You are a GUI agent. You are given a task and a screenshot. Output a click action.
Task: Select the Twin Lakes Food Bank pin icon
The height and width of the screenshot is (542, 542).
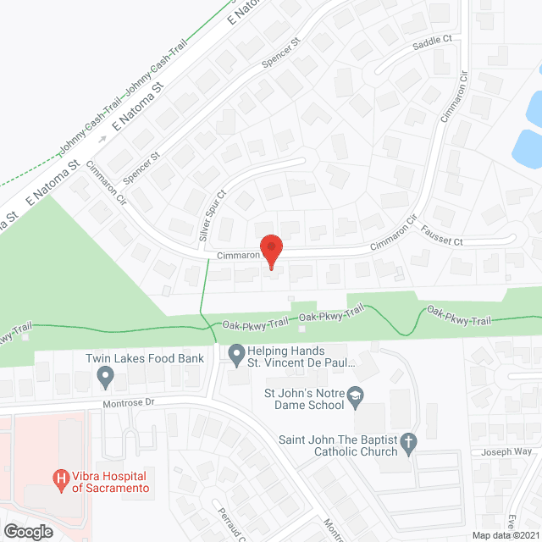[105, 374]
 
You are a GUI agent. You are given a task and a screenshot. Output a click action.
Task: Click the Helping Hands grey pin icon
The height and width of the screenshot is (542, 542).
[236, 352]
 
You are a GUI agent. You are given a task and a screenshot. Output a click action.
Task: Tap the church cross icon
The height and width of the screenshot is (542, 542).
[409, 441]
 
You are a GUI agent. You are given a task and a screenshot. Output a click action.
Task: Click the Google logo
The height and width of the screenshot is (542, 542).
[28, 531]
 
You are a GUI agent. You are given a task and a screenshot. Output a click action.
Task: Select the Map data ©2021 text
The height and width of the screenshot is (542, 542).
[505, 535]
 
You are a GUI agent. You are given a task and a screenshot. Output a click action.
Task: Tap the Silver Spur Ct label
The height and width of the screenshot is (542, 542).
[213, 217]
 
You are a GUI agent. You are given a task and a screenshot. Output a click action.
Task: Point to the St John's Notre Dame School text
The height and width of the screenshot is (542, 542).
[304, 398]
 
